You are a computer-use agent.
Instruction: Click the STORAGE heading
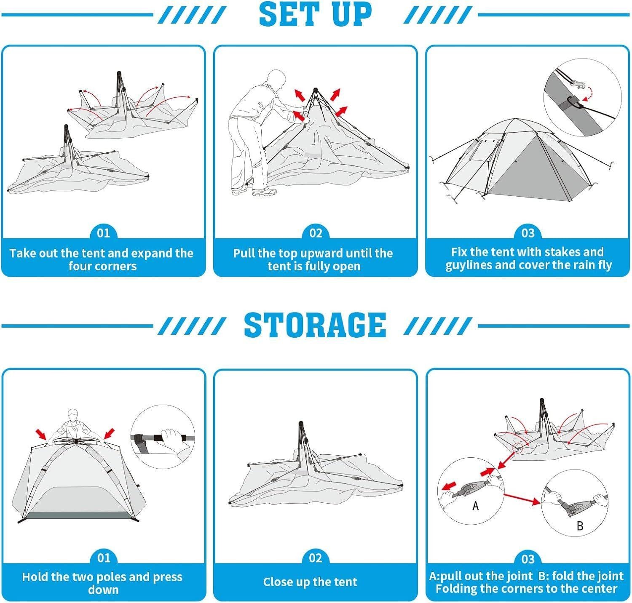pyautogui.click(x=315, y=325)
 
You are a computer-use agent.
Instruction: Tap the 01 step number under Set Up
pyautogui.click(x=103, y=233)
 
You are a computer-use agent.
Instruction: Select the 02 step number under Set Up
pyautogui.click(x=316, y=233)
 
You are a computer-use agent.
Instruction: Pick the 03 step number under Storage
pyautogui.click(x=528, y=559)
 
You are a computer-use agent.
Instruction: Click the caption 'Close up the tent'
pyautogui.click(x=310, y=582)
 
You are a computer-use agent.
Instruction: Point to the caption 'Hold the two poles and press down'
pyautogui.click(x=102, y=583)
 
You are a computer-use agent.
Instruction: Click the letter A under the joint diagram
pyautogui.click(x=476, y=505)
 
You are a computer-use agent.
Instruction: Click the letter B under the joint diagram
pyautogui.click(x=580, y=526)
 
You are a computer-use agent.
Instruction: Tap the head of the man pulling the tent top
pyautogui.click(x=276, y=79)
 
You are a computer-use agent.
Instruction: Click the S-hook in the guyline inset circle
pyautogui.click(x=578, y=87)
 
